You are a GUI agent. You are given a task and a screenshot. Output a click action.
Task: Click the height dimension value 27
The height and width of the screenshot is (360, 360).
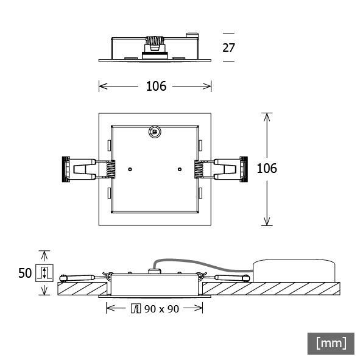[228, 48]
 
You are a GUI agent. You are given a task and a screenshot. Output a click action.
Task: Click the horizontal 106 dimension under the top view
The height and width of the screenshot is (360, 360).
[156, 86]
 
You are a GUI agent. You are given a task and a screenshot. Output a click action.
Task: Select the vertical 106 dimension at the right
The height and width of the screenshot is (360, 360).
[266, 168]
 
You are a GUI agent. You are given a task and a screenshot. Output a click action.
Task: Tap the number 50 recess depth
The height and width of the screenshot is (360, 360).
[24, 274]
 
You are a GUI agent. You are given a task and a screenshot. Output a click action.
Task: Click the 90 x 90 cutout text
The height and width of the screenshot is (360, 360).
[161, 309]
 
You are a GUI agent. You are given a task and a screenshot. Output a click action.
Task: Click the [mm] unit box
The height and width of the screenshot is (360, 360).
[331, 343]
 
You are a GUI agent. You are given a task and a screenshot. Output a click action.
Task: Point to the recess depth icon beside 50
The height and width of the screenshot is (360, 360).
[44, 274]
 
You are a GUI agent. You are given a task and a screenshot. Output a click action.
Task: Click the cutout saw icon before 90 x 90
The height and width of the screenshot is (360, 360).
[136, 309]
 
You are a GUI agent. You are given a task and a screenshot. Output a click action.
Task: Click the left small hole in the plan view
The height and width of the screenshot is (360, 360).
[130, 169]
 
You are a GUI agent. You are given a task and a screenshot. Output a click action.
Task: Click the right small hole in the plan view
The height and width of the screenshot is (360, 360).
[179, 169]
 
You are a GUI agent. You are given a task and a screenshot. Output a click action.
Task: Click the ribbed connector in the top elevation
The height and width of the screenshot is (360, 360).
[155, 45]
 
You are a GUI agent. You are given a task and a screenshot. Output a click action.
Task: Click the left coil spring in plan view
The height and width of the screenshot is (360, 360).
[110, 169]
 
